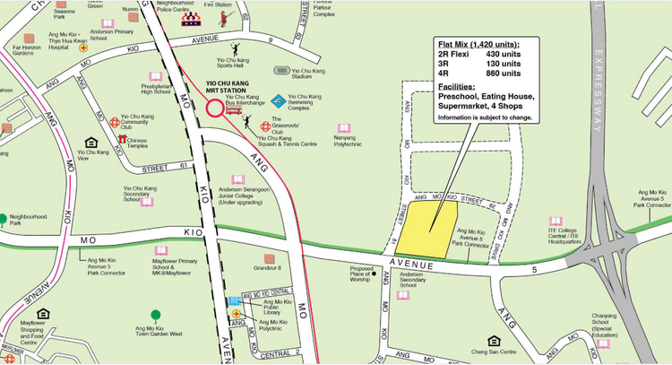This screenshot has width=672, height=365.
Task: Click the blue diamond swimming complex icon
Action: pyautogui.click(x=279, y=100)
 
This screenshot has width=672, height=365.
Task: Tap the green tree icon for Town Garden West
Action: pyautogui.click(x=156, y=314)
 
